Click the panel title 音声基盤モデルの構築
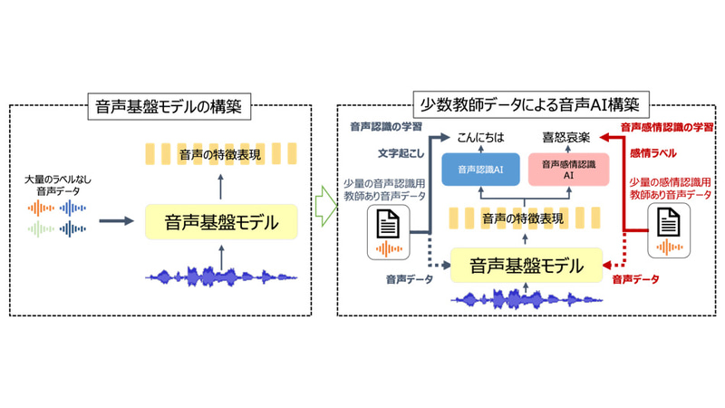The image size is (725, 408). pyautogui.click(x=172, y=106)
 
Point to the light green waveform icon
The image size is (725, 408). pyautogui.click(x=42, y=230)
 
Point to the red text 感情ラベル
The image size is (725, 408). pyautogui.click(x=658, y=154)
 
